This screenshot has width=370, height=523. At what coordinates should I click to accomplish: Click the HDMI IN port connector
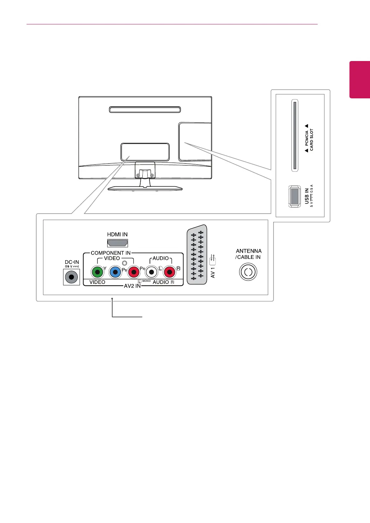pos(118,243)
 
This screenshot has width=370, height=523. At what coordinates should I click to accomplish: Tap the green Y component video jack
pos(98,272)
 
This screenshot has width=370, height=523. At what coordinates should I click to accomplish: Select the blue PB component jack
pos(115,272)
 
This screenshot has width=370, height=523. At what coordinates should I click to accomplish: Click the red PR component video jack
pos(133,272)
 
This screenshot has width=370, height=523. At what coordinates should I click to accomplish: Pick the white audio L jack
pos(152,272)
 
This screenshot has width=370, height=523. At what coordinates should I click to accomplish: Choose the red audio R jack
pos(169,272)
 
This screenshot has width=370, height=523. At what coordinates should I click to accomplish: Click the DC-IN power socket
pos(71,277)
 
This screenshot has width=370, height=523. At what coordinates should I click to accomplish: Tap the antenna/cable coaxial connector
pos(248,272)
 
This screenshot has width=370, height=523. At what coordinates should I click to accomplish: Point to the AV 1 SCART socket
pos(197,255)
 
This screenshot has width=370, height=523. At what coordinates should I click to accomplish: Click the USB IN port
pos(294,196)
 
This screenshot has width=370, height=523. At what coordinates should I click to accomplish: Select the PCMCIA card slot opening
pos(295,135)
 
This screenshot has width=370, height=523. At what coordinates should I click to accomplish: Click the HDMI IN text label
pos(117,234)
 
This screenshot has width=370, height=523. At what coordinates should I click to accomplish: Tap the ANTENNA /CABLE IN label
pos(248,254)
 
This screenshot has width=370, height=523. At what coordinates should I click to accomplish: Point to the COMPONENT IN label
pos(110,253)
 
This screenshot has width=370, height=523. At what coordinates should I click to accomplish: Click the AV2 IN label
pos(132,286)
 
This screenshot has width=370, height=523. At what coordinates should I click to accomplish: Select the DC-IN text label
pos(72,262)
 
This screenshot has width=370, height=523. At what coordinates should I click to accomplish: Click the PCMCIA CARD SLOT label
pos(309,140)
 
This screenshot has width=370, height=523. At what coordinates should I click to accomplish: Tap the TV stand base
pos(145,188)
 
